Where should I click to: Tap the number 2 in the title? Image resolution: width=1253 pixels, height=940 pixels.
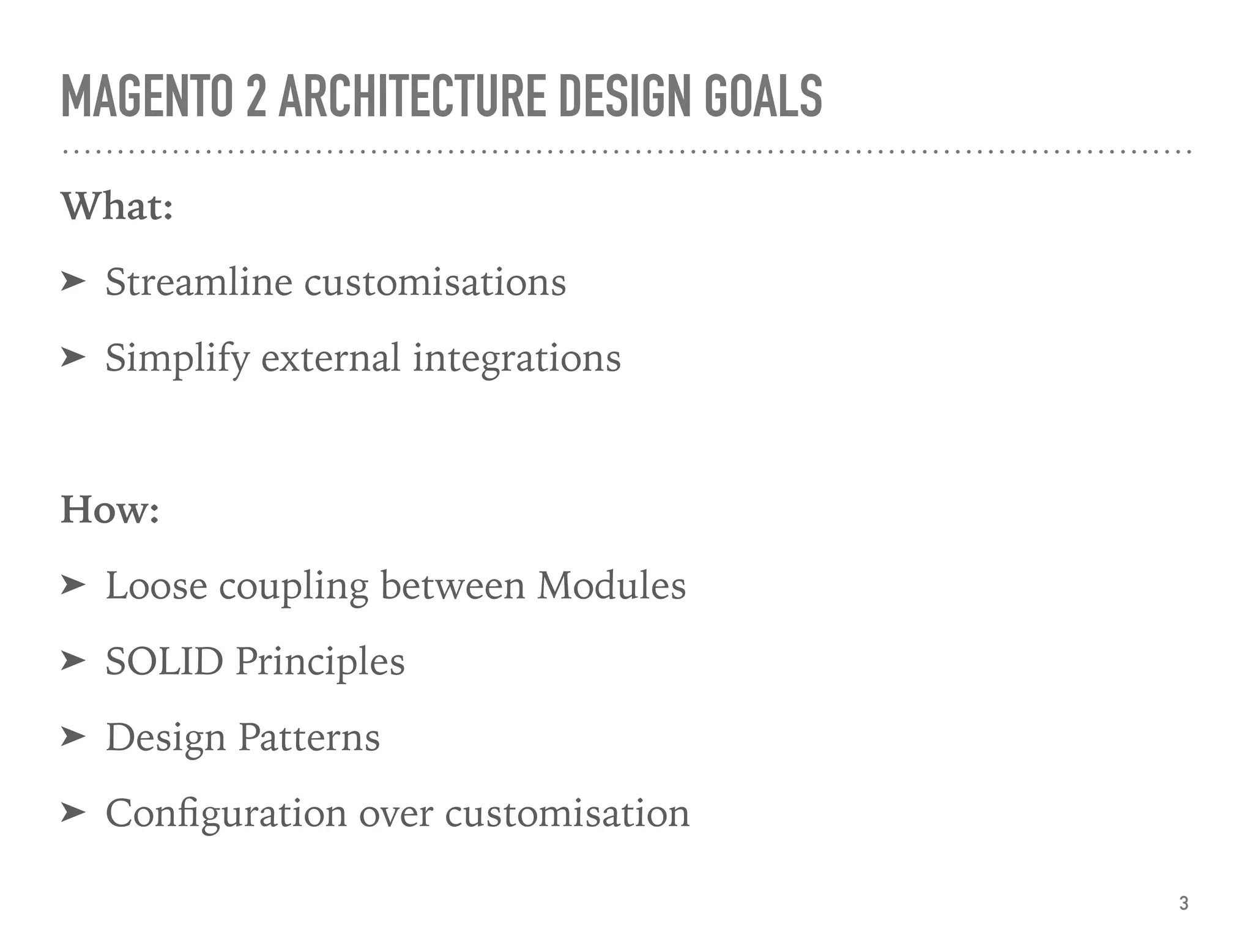(x=257, y=96)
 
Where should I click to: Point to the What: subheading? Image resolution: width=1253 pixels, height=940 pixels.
(x=117, y=207)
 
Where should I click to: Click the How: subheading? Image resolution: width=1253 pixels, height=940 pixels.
(x=110, y=510)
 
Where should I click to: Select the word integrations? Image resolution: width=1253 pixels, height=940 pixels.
(x=517, y=359)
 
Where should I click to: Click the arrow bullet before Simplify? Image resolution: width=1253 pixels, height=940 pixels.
(x=73, y=357)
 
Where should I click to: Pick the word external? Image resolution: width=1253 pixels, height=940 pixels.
(x=330, y=359)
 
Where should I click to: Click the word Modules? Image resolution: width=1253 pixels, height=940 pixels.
(x=611, y=586)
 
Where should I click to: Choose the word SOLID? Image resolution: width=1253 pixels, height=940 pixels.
(x=164, y=662)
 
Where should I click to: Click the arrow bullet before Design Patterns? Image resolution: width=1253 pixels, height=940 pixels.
(x=73, y=737)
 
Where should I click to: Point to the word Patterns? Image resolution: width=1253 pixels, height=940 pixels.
(x=308, y=737)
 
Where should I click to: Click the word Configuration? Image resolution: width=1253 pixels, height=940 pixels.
(x=226, y=814)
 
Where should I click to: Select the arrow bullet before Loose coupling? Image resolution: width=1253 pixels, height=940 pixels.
(x=73, y=585)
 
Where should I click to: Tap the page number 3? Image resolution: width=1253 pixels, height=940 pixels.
(x=1184, y=903)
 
